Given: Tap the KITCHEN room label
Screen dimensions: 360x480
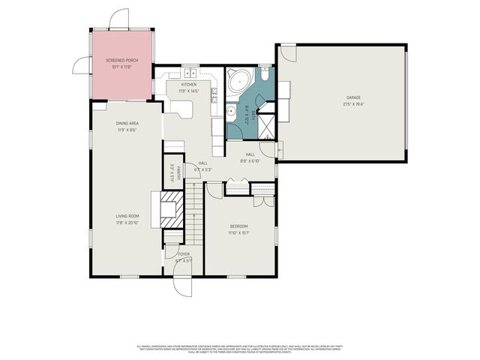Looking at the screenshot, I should pyautogui.click(x=188, y=85).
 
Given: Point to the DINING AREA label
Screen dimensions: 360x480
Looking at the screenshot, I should pyautogui.click(x=127, y=123).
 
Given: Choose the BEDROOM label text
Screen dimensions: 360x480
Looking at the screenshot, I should pyautogui.click(x=239, y=226).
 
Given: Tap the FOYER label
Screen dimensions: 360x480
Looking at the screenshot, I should pyautogui.click(x=184, y=255).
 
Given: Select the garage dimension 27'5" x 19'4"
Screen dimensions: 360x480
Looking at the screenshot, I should pyautogui.click(x=352, y=104).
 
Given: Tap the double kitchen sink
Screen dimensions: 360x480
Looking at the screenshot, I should pyautogui.click(x=189, y=73).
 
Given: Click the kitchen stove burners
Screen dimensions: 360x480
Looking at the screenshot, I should pyautogui.click(x=215, y=93).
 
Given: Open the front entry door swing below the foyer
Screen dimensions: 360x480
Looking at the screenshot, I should pyautogui.click(x=181, y=286).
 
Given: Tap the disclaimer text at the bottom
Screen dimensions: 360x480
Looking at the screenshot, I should pyautogui.click(x=239, y=349).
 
